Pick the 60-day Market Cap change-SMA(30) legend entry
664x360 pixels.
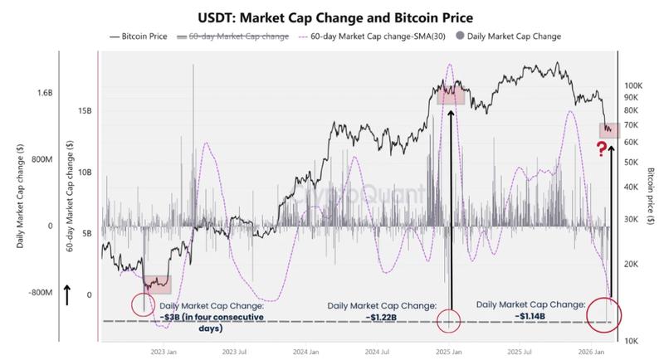click(x=379, y=36)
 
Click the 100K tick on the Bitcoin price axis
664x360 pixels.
click(x=634, y=85)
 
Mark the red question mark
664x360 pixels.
click(x=599, y=149)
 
